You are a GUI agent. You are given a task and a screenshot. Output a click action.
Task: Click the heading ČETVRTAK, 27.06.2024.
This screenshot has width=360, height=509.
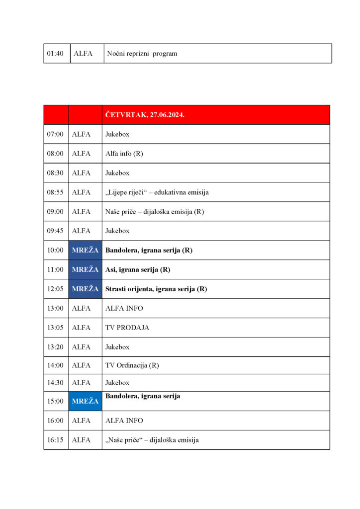[x=145, y=115]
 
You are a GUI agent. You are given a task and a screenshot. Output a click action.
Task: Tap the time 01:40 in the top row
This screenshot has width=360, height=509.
[x=55, y=54]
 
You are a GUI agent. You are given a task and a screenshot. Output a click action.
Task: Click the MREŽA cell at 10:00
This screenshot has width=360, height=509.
[x=85, y=251]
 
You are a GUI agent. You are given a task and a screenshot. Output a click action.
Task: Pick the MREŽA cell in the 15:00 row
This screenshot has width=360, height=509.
[x=85, y=401]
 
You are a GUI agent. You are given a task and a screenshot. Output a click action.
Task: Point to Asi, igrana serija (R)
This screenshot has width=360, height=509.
[x=138, y=270]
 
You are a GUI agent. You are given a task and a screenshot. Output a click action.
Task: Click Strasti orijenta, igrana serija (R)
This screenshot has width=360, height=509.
[x=156, y=289]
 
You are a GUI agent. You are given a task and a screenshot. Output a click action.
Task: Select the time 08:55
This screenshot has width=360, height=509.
[x=55, y=192]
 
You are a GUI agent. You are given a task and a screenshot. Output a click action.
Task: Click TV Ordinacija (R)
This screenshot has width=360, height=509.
[x=132, y=365]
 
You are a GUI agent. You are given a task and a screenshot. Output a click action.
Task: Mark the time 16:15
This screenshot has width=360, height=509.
[x=55, y=440]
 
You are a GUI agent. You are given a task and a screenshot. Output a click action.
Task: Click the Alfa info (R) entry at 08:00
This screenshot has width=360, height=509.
[x=124, y=154]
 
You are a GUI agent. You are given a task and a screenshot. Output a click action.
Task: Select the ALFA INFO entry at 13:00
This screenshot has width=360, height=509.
[x=124, y=309]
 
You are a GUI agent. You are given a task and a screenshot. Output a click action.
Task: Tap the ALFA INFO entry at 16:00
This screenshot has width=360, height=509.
[x=124, y=421]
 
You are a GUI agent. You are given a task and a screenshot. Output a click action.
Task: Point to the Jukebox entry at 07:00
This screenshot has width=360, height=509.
[x=117, y=134]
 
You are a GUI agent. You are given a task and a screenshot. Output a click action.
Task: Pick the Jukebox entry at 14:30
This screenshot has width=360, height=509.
[x=117, y=383]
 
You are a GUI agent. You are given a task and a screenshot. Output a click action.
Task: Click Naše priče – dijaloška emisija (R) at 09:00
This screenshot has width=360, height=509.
[x=155, y=212]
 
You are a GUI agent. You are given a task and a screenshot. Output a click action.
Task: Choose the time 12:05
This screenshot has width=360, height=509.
[x=55, y=289]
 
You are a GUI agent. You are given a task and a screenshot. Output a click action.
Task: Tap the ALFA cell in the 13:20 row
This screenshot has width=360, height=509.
[x=82, y=347]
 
